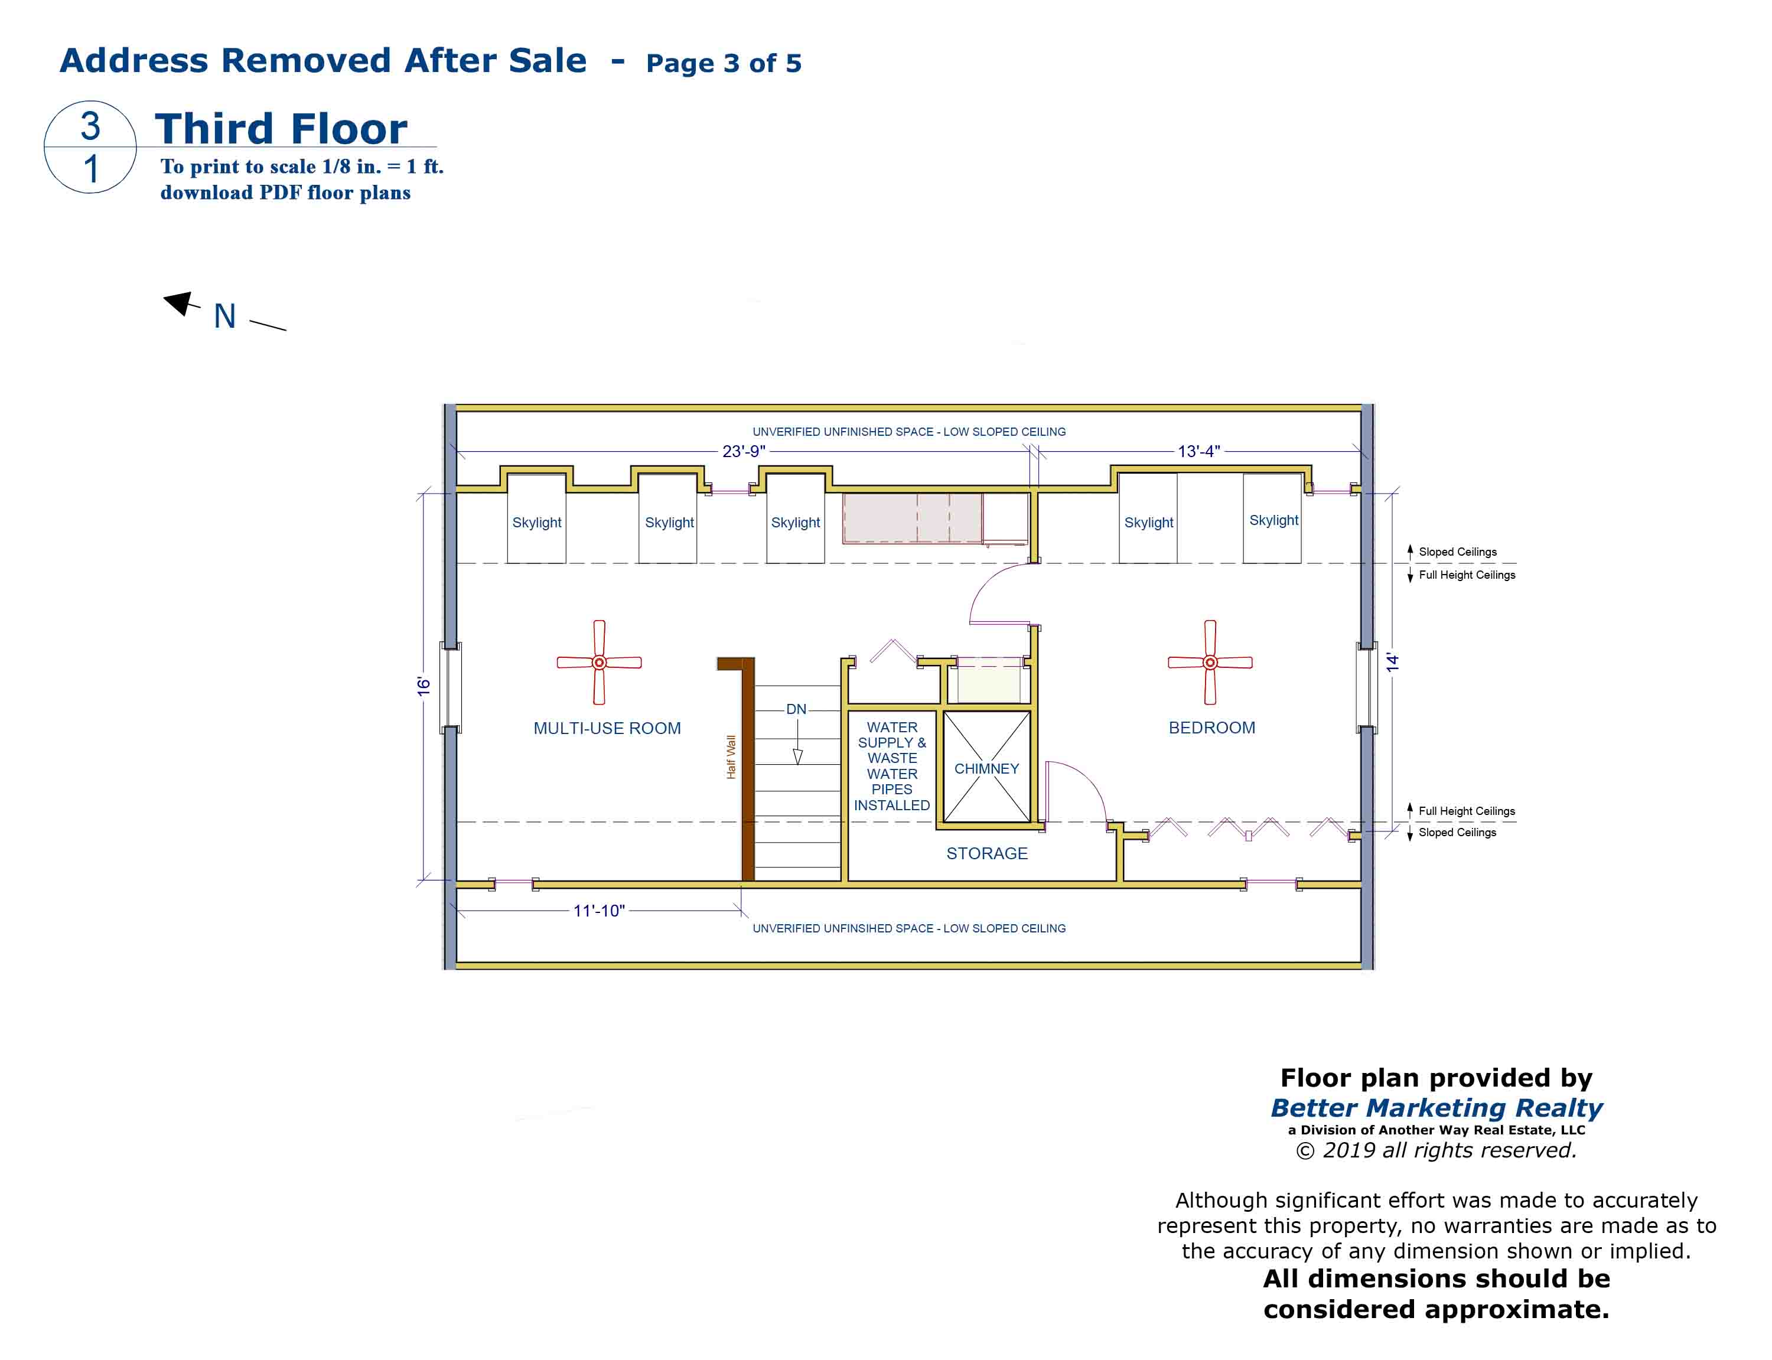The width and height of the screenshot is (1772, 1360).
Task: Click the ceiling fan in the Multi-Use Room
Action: (x=599, y=662)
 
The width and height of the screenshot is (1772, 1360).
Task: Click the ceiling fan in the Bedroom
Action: (x=1210, y=662)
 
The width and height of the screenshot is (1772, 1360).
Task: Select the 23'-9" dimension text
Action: (x=743, y=451)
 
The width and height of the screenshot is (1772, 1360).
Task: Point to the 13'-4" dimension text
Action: (x=1198, y=451)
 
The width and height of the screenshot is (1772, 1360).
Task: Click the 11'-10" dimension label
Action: (x=599, y=911)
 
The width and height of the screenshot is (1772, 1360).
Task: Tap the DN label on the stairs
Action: (x=797, y=709)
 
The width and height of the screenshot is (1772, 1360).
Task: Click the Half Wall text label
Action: (x=731, y=757)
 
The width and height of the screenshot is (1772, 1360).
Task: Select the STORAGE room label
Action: (x=987, y=853)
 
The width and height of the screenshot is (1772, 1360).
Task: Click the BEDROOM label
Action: (x=1212, y=728)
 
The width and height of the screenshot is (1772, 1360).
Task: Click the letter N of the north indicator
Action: (x=225, y=317)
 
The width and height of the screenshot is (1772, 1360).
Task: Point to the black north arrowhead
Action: (x=179, y=303)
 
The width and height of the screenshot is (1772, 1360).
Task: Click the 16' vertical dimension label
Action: (x=424, y=686)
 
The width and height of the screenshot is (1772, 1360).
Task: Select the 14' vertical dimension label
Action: (x=1392, y=662)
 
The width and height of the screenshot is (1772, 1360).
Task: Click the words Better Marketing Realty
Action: (x=1436, y=1107)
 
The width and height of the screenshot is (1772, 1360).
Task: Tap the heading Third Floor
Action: (x=281, y=129)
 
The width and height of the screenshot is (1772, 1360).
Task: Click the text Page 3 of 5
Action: (x=724, y=63)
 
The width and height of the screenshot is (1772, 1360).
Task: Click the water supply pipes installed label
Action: (x=892, y=766)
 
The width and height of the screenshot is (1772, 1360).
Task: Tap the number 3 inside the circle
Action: (x=90, y=125)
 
